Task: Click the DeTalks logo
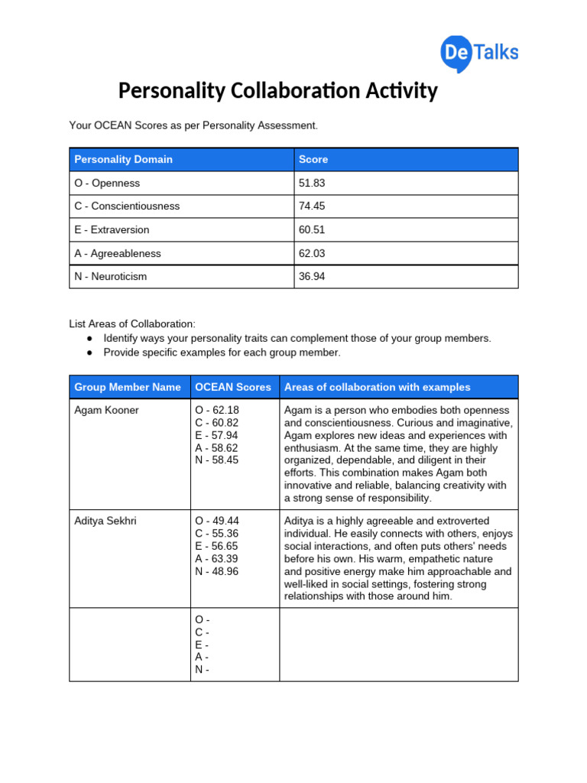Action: (x=479, y=52)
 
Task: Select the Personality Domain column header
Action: (x=123, y=160)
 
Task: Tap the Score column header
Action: (x=313, y=160)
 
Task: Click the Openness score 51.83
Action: (x=312, y=184)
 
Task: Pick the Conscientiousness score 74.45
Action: (x=312, y=206)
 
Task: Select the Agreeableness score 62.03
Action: (x=312, y=253)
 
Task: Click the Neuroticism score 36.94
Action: (x=312, y=277)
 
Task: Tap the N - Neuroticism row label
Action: (x=110, y=277)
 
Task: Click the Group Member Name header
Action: (x=128, y=387)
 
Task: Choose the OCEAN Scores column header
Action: (x=233, y=387)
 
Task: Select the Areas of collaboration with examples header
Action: (x=378, y=387)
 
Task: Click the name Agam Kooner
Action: (x=106, y=411)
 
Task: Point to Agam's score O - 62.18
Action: (x=217, y=411)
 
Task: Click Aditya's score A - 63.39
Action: (x=217, y=559)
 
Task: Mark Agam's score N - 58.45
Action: (x=217, y=460)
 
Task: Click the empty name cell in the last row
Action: (x=129, y=645)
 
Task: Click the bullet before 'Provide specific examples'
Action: (x=89, y=353)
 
